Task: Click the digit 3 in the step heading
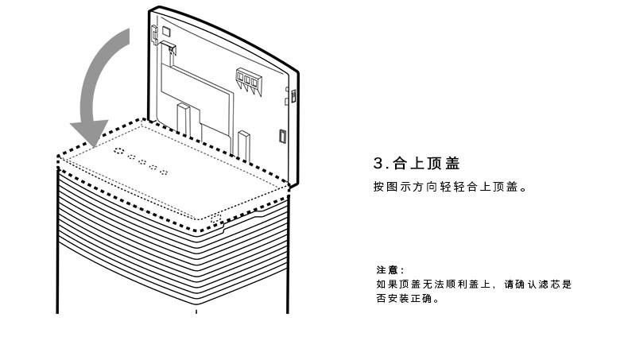click(378, 164)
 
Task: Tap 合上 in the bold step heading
click(410, 164)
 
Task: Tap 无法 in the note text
click(429, 285)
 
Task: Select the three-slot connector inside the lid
click(249, 79)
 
